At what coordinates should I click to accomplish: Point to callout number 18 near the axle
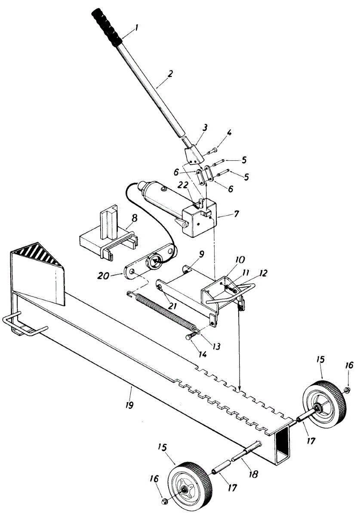coord(253,474)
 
